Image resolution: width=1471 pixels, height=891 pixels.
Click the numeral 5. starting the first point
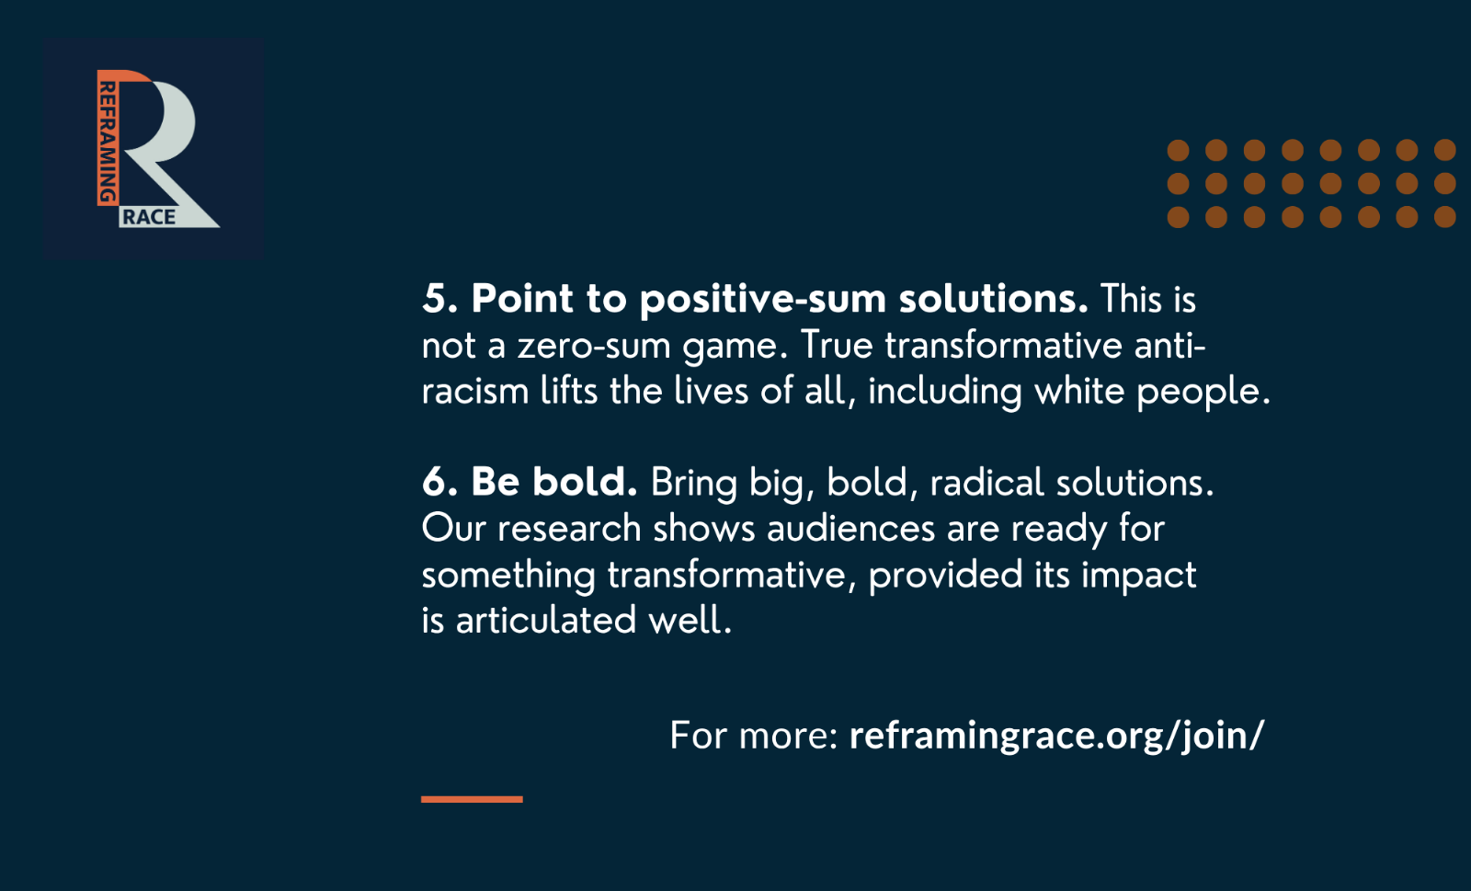[x=439, y=299]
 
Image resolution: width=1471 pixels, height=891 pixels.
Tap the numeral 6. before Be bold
[x=439, y=482]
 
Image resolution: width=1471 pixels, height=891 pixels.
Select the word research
[x=569, y=529]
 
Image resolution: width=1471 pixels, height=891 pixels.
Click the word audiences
[x=851, y=529]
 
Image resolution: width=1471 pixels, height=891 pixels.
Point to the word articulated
[x=546, y=620]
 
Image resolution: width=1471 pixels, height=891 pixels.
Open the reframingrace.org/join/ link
[x=1056, y=736]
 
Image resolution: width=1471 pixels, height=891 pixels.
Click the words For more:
[x=754, y=735]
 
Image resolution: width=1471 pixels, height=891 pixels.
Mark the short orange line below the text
[x=473, y=799]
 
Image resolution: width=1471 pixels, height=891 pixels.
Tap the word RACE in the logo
[x=149, y=217]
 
